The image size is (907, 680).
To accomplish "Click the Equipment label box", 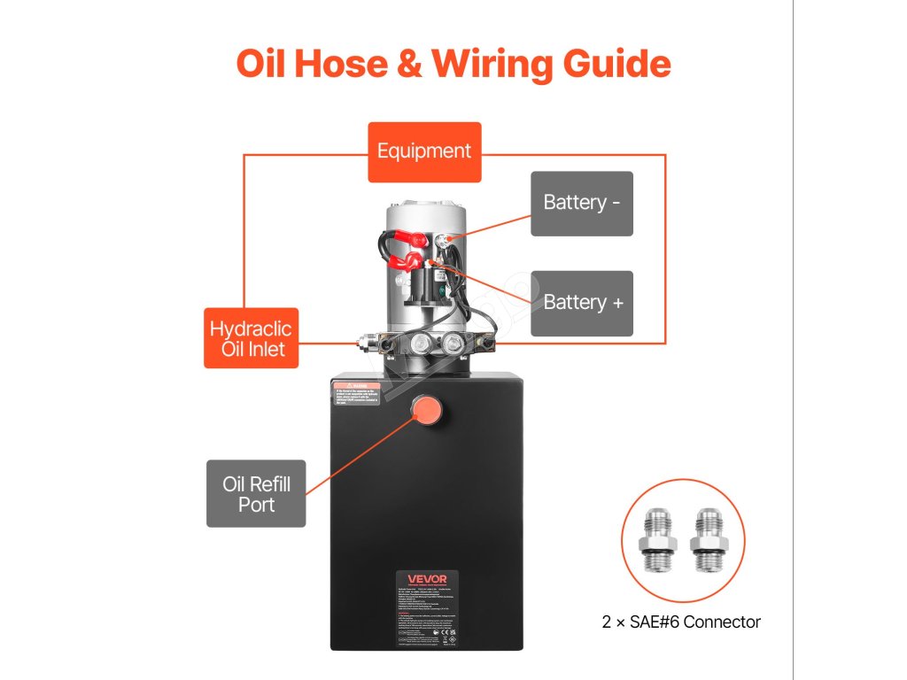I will [424, 151].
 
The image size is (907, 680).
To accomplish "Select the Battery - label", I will [582, 203].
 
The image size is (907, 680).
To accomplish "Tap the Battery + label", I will [582, 303].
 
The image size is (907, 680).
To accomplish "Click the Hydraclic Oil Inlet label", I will [250, 338].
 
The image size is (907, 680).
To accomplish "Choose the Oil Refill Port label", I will [256, 494].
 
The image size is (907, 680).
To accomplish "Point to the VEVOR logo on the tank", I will [426, 582].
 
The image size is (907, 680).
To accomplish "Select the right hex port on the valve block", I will [454, 344].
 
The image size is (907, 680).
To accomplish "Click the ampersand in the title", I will [407, 65].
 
